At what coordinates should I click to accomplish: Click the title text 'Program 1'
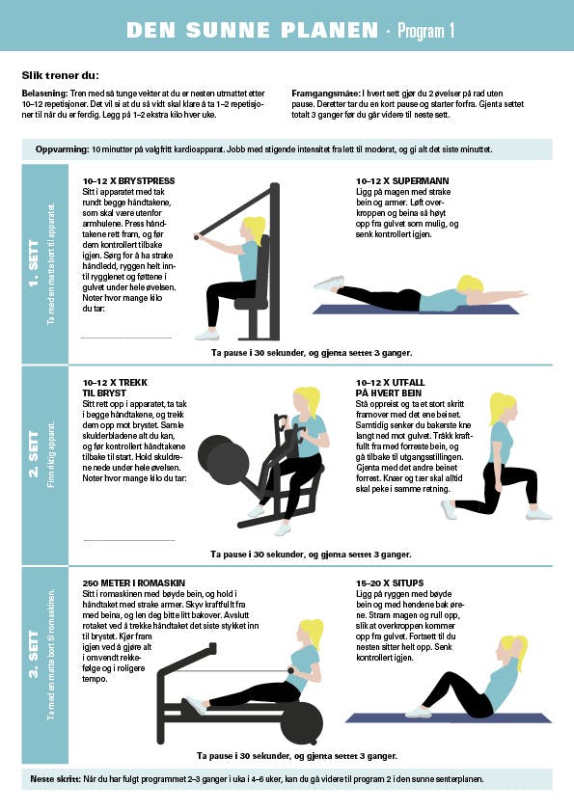[x=425, y=31]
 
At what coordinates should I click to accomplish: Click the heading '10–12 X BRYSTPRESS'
[x=128, y=180]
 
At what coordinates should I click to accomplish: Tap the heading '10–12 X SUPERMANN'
[x=402, y=180]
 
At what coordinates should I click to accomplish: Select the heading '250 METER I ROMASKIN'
[x=134, y=582]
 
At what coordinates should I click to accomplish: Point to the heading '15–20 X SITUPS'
[x=390, y=582]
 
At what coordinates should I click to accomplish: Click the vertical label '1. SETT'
[x=33, y=263]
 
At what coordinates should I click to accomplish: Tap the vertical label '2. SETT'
[x=33, y=453]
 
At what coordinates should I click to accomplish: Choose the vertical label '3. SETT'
[x=33, y=654]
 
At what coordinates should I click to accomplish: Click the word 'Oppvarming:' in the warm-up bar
[x=62, y=149]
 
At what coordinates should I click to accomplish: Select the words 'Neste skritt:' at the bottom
[x=55, y=779]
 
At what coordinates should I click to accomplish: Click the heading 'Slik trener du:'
[x=60, y=75]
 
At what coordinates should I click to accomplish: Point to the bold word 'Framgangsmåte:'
[x=326, y=94]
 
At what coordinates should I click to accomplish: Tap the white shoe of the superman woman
[x=329, y=284]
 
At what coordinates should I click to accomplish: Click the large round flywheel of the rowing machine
[x=302, y=723]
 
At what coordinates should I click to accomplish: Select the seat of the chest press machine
[x=252, y=301]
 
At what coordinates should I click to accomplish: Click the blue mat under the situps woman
[x=449, y=717]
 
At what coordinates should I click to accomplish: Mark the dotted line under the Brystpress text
[x=126, y=338]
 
